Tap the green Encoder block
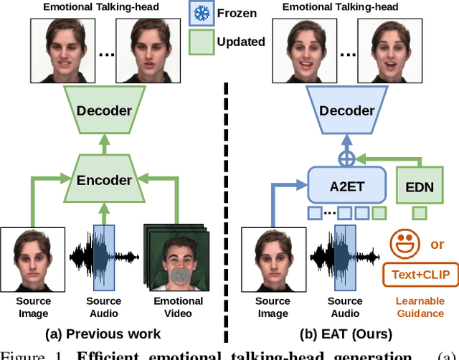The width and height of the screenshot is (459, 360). (104, 181)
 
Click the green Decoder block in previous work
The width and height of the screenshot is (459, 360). (104, 110)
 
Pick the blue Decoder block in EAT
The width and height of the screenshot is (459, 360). (347, 110)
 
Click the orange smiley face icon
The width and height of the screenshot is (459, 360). (404, 245)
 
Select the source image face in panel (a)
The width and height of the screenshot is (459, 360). (32, 259)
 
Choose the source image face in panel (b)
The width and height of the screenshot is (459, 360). (273, 259)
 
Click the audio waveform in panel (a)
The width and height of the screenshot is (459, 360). (104, 257)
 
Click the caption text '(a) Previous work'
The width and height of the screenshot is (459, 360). (104, 333)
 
